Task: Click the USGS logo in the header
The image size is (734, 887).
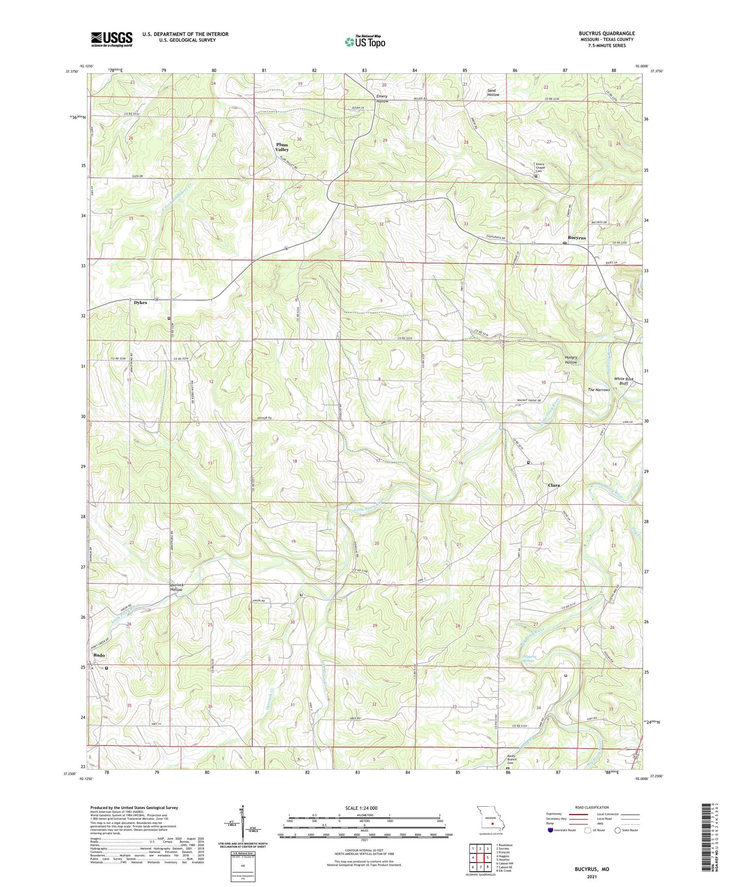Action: pos(112,39)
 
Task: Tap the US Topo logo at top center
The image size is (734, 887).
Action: pos(365,41)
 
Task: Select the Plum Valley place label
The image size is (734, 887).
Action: pos(282,147)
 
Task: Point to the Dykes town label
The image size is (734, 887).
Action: pos(140,303)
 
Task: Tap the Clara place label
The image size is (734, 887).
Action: pos(554,485)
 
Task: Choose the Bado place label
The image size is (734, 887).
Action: pos(99,655)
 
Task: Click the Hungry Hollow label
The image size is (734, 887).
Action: pos(571,360)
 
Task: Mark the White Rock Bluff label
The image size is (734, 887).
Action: pos(624,381)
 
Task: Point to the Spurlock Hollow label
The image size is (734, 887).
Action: pos(177,587)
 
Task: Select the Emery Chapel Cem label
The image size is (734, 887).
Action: pos(540,168)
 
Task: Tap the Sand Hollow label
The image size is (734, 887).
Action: pos(493,92)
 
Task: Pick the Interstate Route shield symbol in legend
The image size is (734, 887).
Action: pos(551,830)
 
